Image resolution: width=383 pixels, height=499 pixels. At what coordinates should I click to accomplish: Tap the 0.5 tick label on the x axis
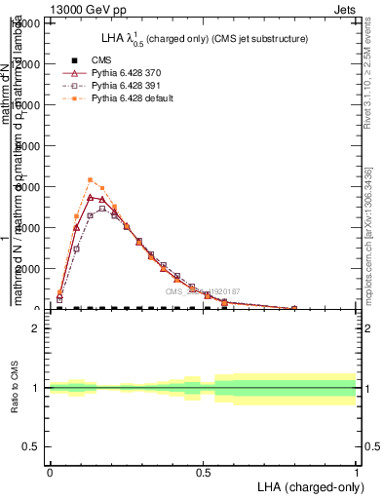point(203,471)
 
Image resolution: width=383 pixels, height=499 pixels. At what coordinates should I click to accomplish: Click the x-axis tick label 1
point(356,471)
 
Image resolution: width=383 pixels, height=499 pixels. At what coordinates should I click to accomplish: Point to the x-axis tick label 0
point(50,471)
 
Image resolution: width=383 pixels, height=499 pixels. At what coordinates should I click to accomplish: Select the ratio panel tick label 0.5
point(33,446)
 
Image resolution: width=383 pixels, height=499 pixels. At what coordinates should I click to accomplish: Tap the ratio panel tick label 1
point(37,388)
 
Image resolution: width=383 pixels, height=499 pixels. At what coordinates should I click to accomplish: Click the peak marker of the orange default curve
point(90,179)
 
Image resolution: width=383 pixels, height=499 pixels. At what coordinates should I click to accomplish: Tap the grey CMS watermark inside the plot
point(202,290)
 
